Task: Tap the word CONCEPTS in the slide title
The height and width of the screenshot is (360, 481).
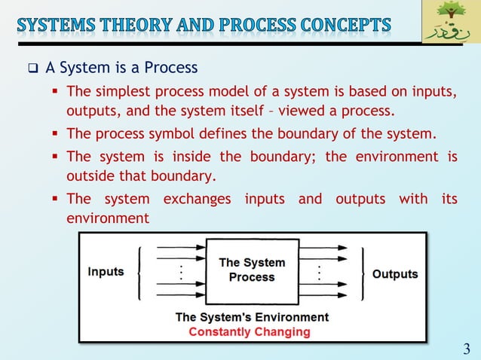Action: coord(342,25)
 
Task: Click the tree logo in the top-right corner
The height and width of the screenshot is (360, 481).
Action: coord(450,22)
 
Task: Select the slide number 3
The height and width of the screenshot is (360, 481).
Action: coord(466,348)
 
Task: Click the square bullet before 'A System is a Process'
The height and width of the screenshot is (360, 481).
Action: coord(32,69)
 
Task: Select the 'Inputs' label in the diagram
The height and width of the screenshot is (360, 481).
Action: coord(106,272)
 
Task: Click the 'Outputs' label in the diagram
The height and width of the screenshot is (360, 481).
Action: coord(395,274)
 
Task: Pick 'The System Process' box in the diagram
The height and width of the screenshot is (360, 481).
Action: coord(252,270)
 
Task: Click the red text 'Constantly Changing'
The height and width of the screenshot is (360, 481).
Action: coord(249,331)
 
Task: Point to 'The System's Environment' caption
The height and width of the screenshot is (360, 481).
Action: coord(251,317)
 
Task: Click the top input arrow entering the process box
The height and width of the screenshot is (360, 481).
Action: coord(179,246)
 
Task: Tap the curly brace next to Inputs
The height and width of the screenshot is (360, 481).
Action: coord(139,272)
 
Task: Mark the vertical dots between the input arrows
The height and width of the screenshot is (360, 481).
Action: coord(181,272)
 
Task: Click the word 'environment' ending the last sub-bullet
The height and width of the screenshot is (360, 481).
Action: coord(108,218)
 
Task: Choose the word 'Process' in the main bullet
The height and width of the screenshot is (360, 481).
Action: coord(172,69)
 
